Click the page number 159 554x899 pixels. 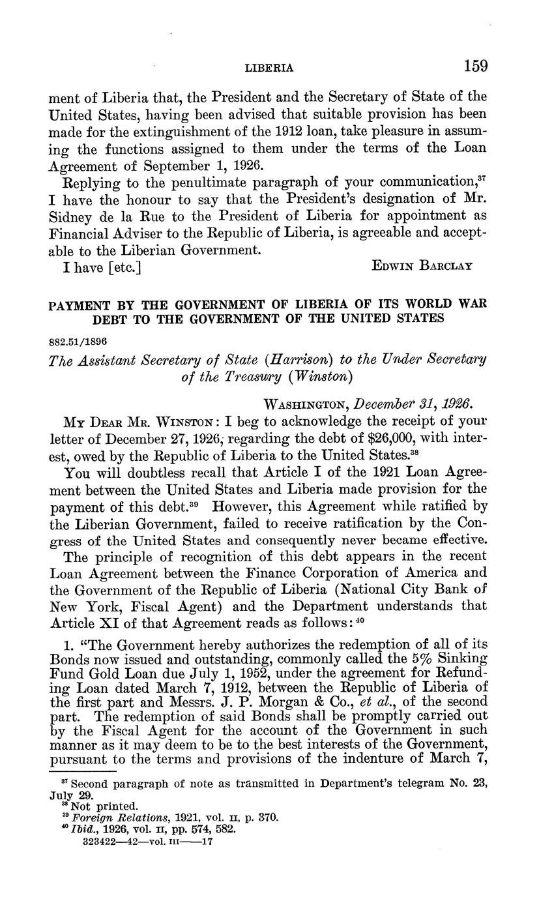tap(475, 66)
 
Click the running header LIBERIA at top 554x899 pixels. tap(269, 68)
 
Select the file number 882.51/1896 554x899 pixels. tap(78, 342)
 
